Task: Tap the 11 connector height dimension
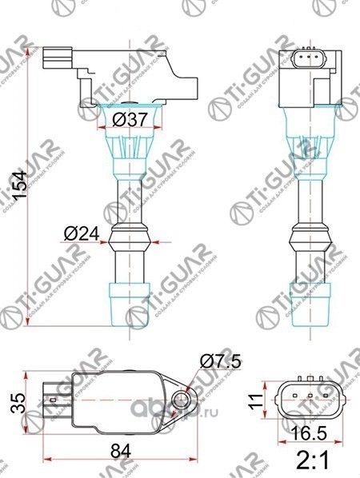(x=254, y=396)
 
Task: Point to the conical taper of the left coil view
(x=128, y=156)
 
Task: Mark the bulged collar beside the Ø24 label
(x=128, y=235)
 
